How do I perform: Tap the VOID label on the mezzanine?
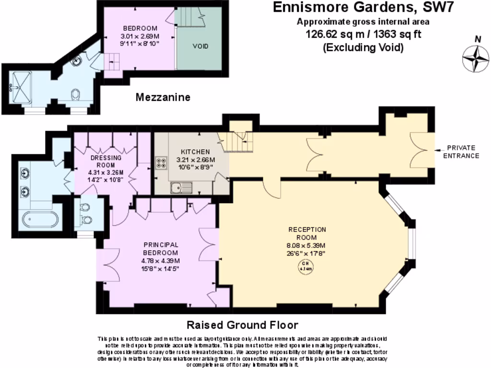click(x=200, y=47)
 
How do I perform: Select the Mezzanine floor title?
click(x=163, y=97)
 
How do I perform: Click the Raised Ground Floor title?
click(x=242, y=324)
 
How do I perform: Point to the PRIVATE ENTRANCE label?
click(x=461, y=152)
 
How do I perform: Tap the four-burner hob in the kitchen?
click(x=161, y=163)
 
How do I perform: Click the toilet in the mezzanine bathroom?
click(x=75, y=95)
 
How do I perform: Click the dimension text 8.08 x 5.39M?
click(x=307, y=246)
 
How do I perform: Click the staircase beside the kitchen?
click(x=237, y=141)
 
